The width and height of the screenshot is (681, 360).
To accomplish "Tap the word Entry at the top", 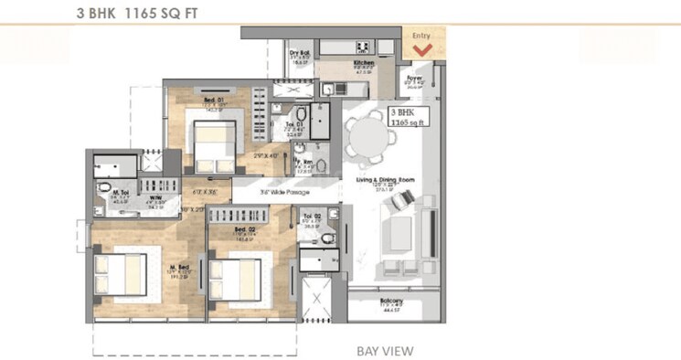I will coord(421,35).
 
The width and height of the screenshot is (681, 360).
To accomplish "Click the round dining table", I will coord(368,143).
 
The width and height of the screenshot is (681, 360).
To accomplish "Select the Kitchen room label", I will coord(365,63).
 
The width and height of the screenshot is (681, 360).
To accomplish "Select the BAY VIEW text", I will coord(385,350).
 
